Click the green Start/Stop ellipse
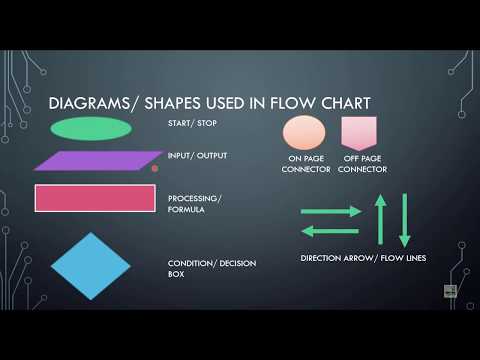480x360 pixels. (x=90, y=128)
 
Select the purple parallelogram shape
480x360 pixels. (x=97, y=160)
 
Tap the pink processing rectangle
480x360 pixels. (x=95, y=198)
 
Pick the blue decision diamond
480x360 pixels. (x=91, y=266)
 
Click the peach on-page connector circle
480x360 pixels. (x=304, y=132)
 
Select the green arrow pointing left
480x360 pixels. (x=330, y=231)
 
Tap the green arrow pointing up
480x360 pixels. (x=380, y=219)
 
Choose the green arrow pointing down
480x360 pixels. (x=405, y=219)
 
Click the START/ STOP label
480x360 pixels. (x=192, y=125)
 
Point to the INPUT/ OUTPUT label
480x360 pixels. (x=197, y=156)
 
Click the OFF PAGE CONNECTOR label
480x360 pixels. (x=362, y=164)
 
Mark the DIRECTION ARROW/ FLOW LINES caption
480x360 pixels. (x=363, y=259)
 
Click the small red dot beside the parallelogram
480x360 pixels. (x=154, y=169)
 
